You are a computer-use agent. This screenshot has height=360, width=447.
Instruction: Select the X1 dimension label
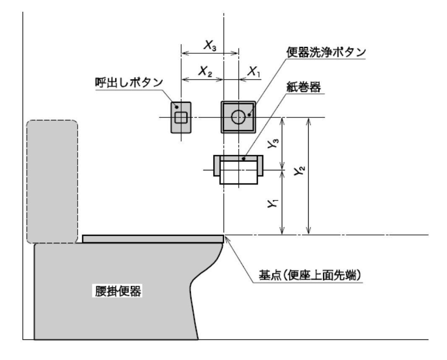tap(253, 72)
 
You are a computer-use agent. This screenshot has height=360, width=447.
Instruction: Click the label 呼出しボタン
tap(128, 82)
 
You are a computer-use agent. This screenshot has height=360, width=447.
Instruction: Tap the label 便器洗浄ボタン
tap(326, 53)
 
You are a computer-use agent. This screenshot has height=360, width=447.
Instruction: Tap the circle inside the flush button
tap(238, 117)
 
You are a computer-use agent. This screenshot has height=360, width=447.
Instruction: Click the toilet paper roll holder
tap(238, 170)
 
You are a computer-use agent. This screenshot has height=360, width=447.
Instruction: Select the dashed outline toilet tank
tap(52, 182)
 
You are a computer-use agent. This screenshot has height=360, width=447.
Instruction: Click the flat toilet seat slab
tap(153, 239)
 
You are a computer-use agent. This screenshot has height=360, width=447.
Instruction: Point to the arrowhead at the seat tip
tap(226, 238)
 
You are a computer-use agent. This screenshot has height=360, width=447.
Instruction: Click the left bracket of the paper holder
tap(216, 166)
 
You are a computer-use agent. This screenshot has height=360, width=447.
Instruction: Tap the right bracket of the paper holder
tap(260, 166)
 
